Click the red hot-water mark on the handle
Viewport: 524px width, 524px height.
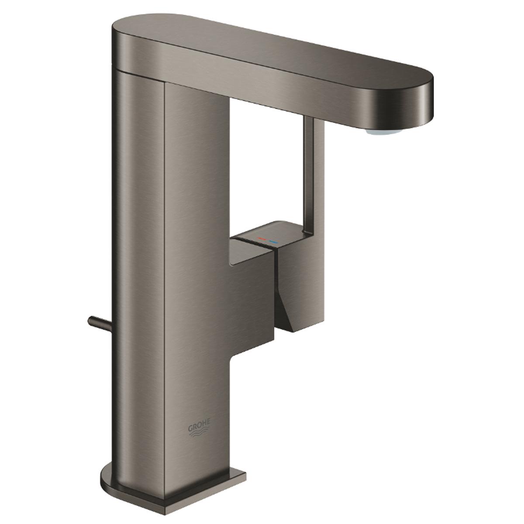point(262,239)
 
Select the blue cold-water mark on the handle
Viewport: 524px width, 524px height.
point(274,241)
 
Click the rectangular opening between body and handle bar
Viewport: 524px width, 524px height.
point(266,166)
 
